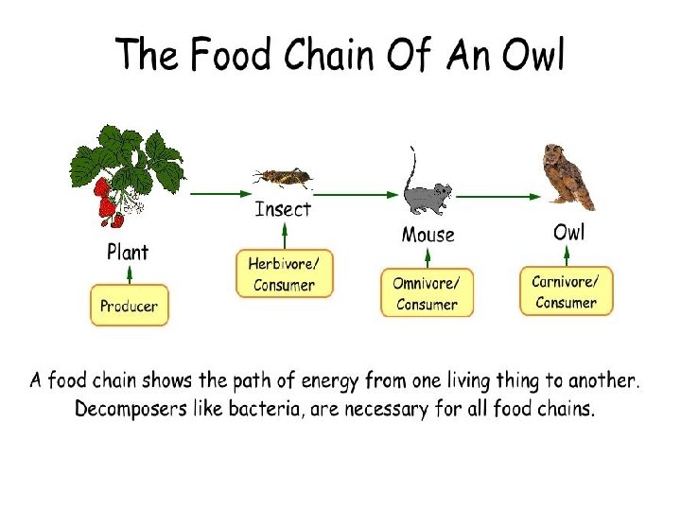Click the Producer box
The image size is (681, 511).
(130, 306)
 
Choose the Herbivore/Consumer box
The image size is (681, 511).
(284, 274)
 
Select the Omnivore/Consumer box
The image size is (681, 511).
(427, 293)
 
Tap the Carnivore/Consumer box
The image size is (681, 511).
(566, 291)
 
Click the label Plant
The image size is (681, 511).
(128, 253)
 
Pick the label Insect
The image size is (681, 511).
(283, 209)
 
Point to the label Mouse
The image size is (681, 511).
(428, 235)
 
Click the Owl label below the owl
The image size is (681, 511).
(568, 232)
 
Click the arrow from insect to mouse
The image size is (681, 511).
(359, 194)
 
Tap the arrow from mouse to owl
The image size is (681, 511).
(498, 196)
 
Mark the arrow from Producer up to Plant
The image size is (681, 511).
(129, 274)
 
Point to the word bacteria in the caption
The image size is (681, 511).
(278, 410)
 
